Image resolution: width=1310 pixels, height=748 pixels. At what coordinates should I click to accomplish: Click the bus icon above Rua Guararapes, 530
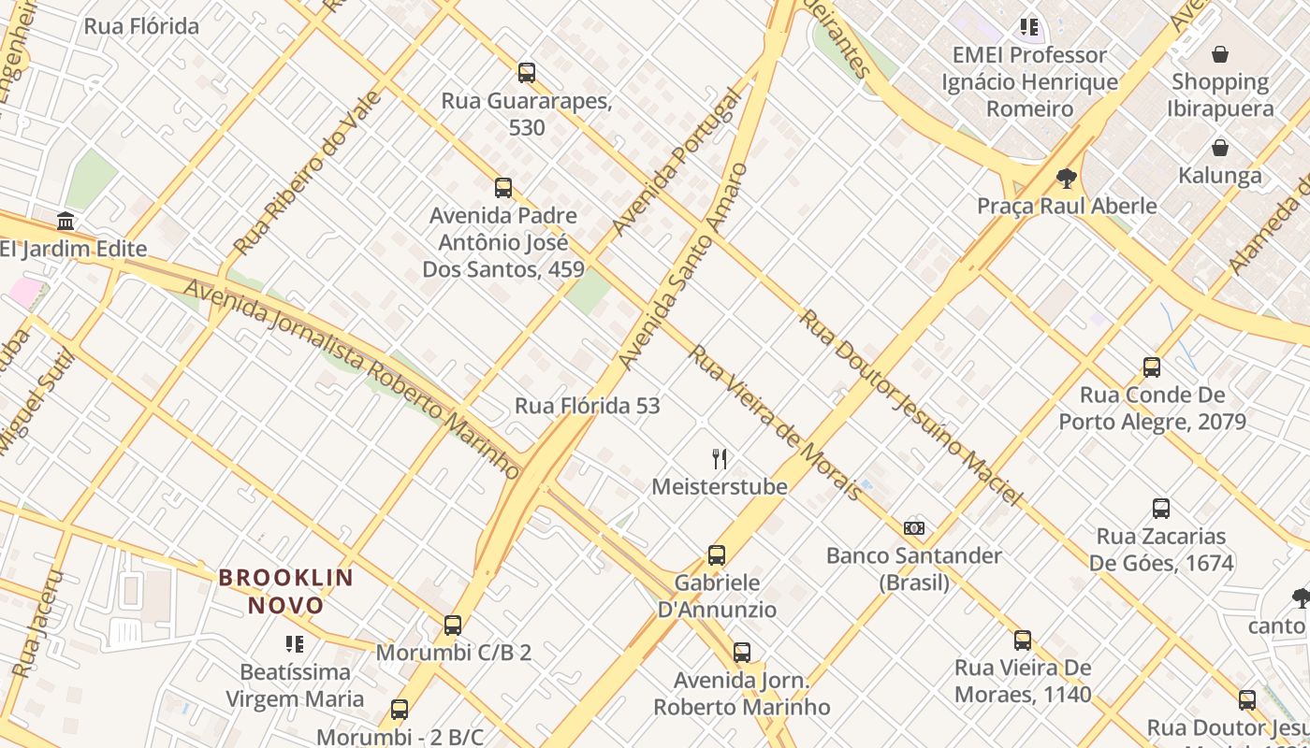point(527,72)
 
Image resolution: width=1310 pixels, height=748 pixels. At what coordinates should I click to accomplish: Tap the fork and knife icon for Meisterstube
point(720,458)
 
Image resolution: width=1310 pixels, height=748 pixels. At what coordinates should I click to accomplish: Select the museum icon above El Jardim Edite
point(65,222)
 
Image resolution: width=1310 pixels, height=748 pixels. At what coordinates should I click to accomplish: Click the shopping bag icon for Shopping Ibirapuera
point(1220,54)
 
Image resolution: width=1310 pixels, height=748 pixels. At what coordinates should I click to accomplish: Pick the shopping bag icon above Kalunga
point(1220,148)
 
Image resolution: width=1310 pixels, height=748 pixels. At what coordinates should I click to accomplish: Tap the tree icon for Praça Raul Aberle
point(1066,178)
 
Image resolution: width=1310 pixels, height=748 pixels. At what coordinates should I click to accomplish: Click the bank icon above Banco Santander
point(914,528)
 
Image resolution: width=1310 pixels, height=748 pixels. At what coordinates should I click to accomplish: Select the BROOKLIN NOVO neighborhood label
point(286,591)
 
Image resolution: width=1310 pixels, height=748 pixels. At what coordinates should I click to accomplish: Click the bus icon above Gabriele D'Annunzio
point(717,554)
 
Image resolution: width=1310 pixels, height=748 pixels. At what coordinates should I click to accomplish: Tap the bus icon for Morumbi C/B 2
point(453,625)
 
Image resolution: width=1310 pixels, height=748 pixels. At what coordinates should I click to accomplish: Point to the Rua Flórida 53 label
point(588,406)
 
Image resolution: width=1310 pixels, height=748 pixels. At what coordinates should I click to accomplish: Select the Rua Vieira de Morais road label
point(775,423)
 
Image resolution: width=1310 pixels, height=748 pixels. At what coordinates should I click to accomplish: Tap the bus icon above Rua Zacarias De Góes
point(1161,509)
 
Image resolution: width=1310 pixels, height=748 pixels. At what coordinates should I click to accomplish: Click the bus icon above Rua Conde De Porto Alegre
point(1152,367)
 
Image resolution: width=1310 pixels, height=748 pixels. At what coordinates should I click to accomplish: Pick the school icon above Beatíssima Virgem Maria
point(295,643)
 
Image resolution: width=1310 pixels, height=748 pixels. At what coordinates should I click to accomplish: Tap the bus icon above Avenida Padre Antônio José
point(503,188)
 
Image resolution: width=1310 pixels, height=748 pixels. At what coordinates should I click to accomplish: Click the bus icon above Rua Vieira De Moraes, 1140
point(1023,640)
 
